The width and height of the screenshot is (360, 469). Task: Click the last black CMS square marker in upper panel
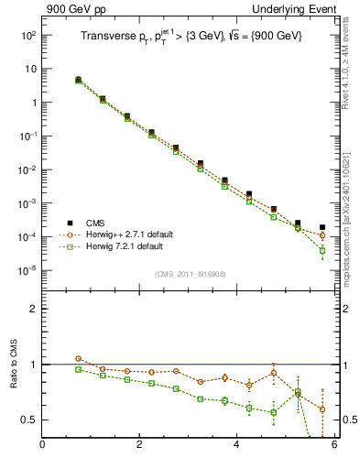(322, 227)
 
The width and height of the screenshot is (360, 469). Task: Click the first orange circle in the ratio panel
(79, 359)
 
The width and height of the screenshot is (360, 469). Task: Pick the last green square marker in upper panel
(322, 250)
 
